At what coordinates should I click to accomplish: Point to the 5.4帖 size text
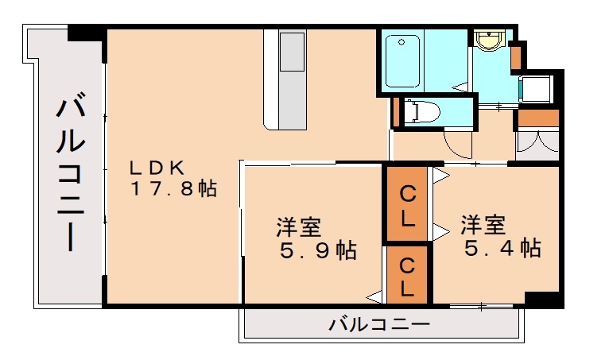click(502, 248)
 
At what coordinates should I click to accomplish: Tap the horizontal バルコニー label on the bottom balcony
click(379, 325)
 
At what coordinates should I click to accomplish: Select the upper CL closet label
click(408, 203)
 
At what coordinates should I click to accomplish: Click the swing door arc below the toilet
click(458, 144)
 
